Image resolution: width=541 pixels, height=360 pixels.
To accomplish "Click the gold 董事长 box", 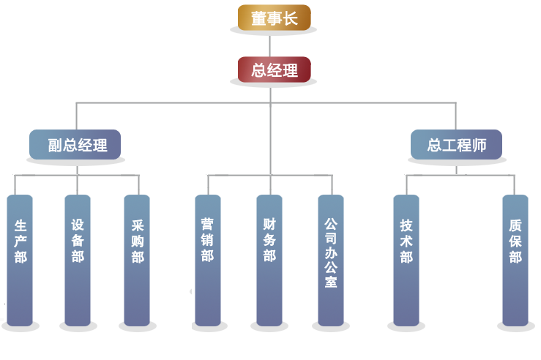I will pos(274,18).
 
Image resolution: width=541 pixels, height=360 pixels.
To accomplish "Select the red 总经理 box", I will pos(274,70).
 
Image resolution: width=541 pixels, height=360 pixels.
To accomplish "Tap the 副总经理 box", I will pos(74,145).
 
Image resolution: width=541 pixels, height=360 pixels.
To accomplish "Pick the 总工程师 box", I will pos(456,145).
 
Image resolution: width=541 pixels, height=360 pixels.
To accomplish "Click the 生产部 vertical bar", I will pos(20,260).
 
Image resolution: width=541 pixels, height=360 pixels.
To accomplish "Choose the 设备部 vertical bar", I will pos(78,260).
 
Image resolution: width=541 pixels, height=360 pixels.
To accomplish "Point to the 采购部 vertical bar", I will pos(137,260).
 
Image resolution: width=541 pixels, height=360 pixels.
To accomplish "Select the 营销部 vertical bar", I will pos(208,260).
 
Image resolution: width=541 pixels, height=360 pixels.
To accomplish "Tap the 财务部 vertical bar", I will pos(269,260).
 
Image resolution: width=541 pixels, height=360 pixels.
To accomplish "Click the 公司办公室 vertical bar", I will pos(331,260).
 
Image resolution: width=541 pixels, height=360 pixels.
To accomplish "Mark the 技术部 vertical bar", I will pos(406,260).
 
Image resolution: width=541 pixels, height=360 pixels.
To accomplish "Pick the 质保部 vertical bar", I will pos(515,260).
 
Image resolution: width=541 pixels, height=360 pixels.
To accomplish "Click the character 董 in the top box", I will pos(258,18).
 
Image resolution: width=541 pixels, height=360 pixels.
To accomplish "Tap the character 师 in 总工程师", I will pos(480,145).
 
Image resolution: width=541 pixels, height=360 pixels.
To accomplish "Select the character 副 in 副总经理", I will pos(55,145).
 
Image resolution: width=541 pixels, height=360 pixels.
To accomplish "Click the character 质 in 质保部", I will pos(515,225).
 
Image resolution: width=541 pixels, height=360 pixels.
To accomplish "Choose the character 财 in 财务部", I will pos(269,223).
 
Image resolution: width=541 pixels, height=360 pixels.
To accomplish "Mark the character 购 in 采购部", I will pos(137,241).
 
